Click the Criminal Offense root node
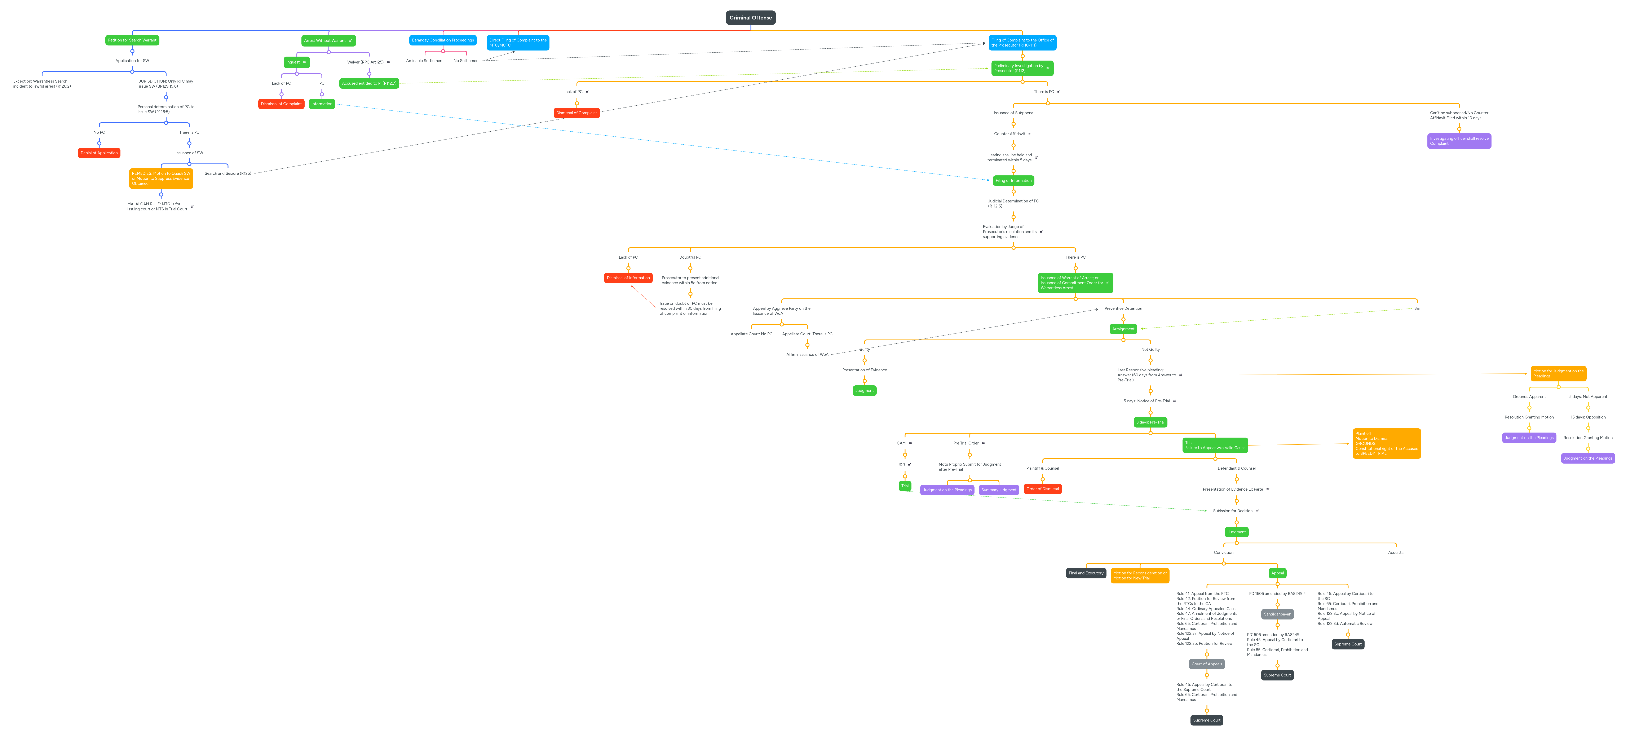751,18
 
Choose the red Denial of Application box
99,153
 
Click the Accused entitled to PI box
369,83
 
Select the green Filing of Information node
1013,180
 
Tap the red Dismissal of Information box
628,278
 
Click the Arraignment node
1123,329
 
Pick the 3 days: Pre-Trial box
1150,422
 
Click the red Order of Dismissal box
1042,489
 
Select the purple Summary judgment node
999,490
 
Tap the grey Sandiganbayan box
1277,614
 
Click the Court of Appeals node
1206,664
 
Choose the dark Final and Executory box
1086,573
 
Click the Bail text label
1417,309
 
